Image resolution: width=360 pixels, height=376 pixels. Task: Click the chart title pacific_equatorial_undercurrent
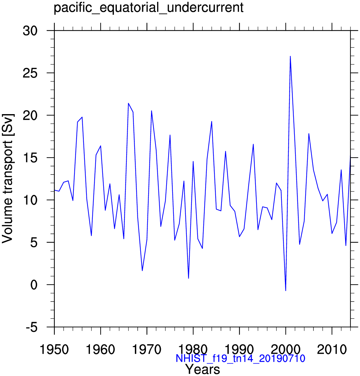tap(148, 8)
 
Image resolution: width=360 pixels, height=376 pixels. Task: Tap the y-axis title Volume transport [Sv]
tap(8, 178)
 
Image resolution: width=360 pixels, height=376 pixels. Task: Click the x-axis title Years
tap(203, 369)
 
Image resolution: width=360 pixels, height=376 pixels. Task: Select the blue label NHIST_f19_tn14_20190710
tap(240, 358)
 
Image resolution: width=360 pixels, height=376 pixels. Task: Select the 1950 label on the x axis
tap(54, 350)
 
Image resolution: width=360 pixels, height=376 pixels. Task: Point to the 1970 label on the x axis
tap(147, 350)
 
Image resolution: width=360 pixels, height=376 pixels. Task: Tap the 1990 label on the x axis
tap(239, 350)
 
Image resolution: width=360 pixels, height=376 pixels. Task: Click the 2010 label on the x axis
tap(332, 350)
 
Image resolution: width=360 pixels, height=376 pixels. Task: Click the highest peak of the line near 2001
tap(290, 56)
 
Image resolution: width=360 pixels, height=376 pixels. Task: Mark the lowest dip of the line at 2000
tap(286, 290)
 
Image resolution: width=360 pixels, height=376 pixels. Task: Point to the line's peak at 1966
tap(128, 103)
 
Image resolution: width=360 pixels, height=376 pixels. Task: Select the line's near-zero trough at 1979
tap(188, 278)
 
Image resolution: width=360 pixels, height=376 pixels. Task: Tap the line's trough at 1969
tap(142, 270)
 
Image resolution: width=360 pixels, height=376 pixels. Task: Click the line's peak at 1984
tap(212, 121)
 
